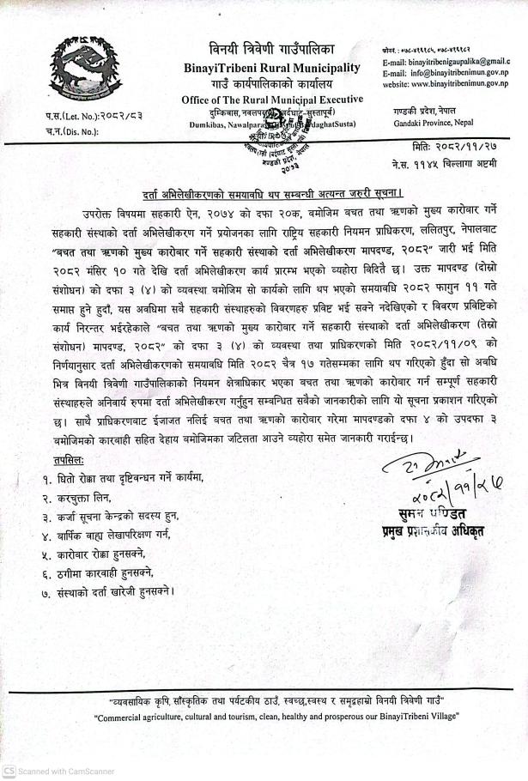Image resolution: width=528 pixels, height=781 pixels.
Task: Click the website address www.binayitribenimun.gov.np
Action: click(452, 85)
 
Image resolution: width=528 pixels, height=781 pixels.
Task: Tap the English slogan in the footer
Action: click(264, 716)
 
